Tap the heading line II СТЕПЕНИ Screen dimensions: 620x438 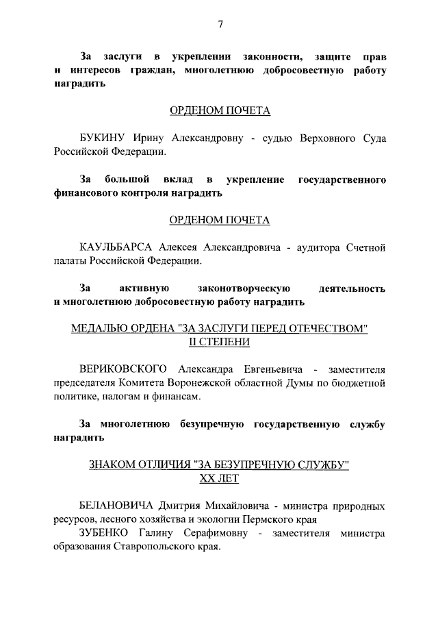tap(220, 342)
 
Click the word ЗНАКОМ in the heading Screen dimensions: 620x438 tap(114, 465)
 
